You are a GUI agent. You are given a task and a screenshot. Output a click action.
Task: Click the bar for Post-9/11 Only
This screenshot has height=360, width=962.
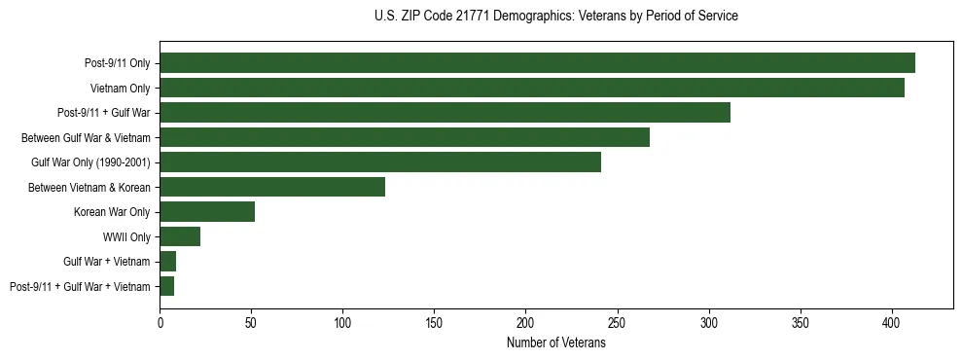pos(537,63)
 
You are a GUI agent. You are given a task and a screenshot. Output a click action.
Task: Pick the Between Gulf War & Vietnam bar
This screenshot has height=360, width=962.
pos(405,137)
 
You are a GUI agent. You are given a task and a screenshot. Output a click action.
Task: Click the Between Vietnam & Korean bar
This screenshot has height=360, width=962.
pos(272,187)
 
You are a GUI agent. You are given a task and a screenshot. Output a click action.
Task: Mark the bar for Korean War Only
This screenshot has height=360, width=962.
pos(207,212)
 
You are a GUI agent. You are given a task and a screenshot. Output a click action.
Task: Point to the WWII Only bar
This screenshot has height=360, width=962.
pos(180,236)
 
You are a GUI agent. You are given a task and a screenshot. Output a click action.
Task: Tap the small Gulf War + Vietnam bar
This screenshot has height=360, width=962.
pos(168,262)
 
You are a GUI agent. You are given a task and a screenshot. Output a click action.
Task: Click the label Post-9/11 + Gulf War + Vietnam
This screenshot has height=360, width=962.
pos(80,286)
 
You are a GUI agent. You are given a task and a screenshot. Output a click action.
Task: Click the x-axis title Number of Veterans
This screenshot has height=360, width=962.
pos(556,342)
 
